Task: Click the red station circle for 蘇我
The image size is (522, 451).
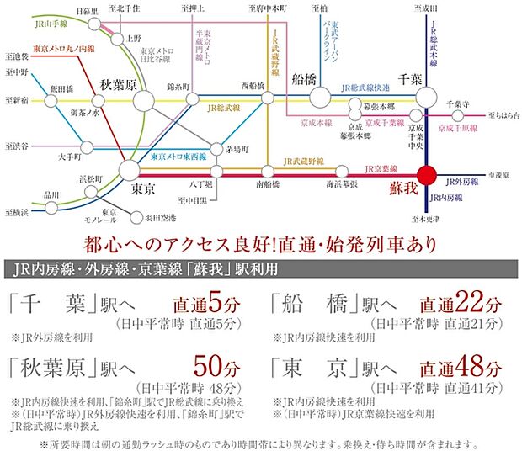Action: [428, 176]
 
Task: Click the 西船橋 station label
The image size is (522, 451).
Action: [254, 85]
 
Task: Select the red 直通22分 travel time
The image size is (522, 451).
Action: [462, 303]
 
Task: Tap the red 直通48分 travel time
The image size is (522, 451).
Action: [462, 368]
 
